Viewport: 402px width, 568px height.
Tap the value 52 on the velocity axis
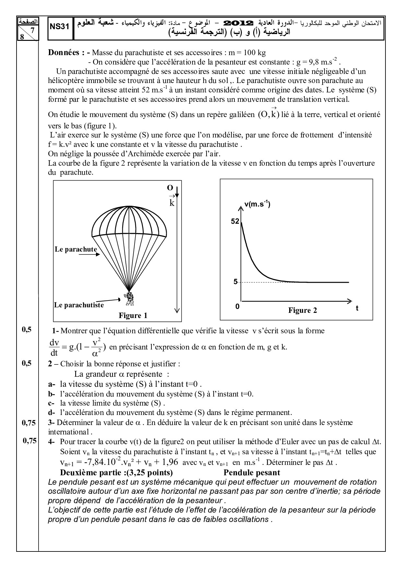[235, 221]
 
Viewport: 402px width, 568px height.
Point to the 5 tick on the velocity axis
[236, 282]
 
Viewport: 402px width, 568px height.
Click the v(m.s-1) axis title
[257, 204]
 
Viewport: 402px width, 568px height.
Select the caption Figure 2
[302, 310]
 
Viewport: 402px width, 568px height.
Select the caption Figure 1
[133, 315]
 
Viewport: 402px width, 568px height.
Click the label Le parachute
[76, 249]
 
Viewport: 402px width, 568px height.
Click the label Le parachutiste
[79, 305]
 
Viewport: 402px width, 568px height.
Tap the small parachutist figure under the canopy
[130, 299]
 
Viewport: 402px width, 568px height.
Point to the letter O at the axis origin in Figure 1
[170, 188]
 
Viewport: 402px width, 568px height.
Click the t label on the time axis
[357, 308]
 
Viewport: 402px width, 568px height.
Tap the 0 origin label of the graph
[237, 306]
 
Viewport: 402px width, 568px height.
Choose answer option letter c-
[51, 403]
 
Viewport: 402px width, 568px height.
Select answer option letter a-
[51, 384]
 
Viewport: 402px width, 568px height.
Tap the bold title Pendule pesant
[252, 473]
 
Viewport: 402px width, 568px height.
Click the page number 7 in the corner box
[31, 30]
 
